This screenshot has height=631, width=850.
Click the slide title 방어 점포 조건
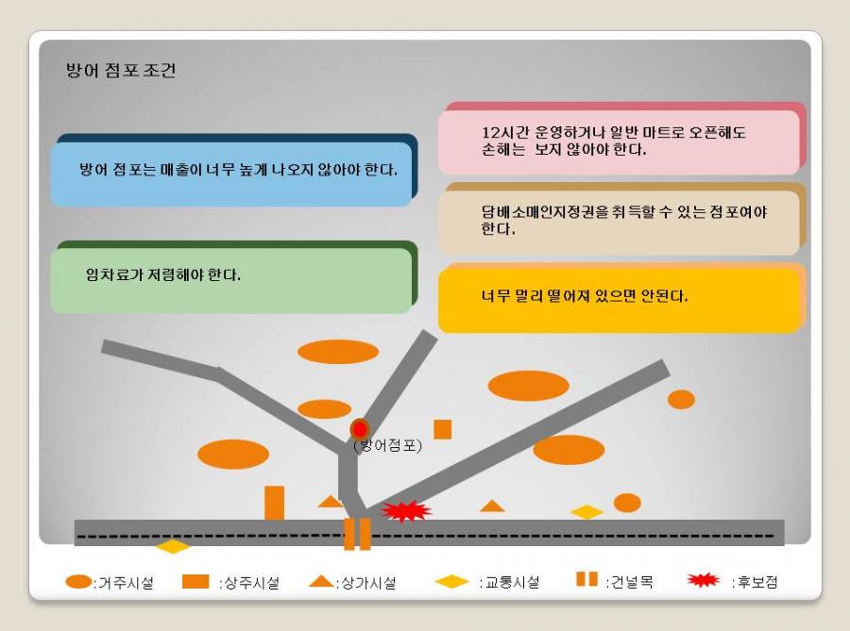[x=121, y=71]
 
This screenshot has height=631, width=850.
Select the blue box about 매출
[x=231, y=174]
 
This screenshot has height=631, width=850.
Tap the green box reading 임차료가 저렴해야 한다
[x=231, y=280]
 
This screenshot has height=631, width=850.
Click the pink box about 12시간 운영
[x=619, y=142]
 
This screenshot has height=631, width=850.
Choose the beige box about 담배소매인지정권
[x=619, y=223]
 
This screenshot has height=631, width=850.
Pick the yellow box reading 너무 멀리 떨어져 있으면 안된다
[x=619, y=300]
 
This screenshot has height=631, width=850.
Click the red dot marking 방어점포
[x=360, y=430]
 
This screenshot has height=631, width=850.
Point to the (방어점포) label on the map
[x=387, y=445]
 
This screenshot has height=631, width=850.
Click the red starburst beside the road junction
[x=406, y=511]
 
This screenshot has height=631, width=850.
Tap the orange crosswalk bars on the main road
[x=357, y=534]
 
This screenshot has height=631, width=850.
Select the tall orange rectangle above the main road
[x=274, y=503]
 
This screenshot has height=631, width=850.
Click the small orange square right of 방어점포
[x=442, y=429]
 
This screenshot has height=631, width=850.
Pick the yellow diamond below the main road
[x=173, y=546]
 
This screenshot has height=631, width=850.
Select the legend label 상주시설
[x=251, y=583]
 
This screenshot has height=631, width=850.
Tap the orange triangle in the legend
[x=321, y=581]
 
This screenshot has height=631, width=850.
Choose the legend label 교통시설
[x=512, y=582]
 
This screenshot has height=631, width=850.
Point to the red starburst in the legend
[x=703, y=580]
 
